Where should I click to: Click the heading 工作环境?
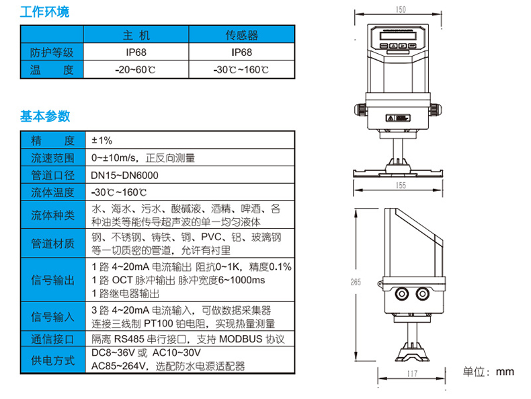[x=44, y=12]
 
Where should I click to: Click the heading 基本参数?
[x=44, y=116]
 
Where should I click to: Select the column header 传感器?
[x=241, y=35]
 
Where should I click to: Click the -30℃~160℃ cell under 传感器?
[x=241, y=69]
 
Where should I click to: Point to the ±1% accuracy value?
[x=102, y=141]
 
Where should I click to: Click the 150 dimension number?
[x=401, y=9]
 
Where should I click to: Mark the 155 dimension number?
[x=401, y=185]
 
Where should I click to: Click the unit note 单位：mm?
[x=489, y=371]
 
